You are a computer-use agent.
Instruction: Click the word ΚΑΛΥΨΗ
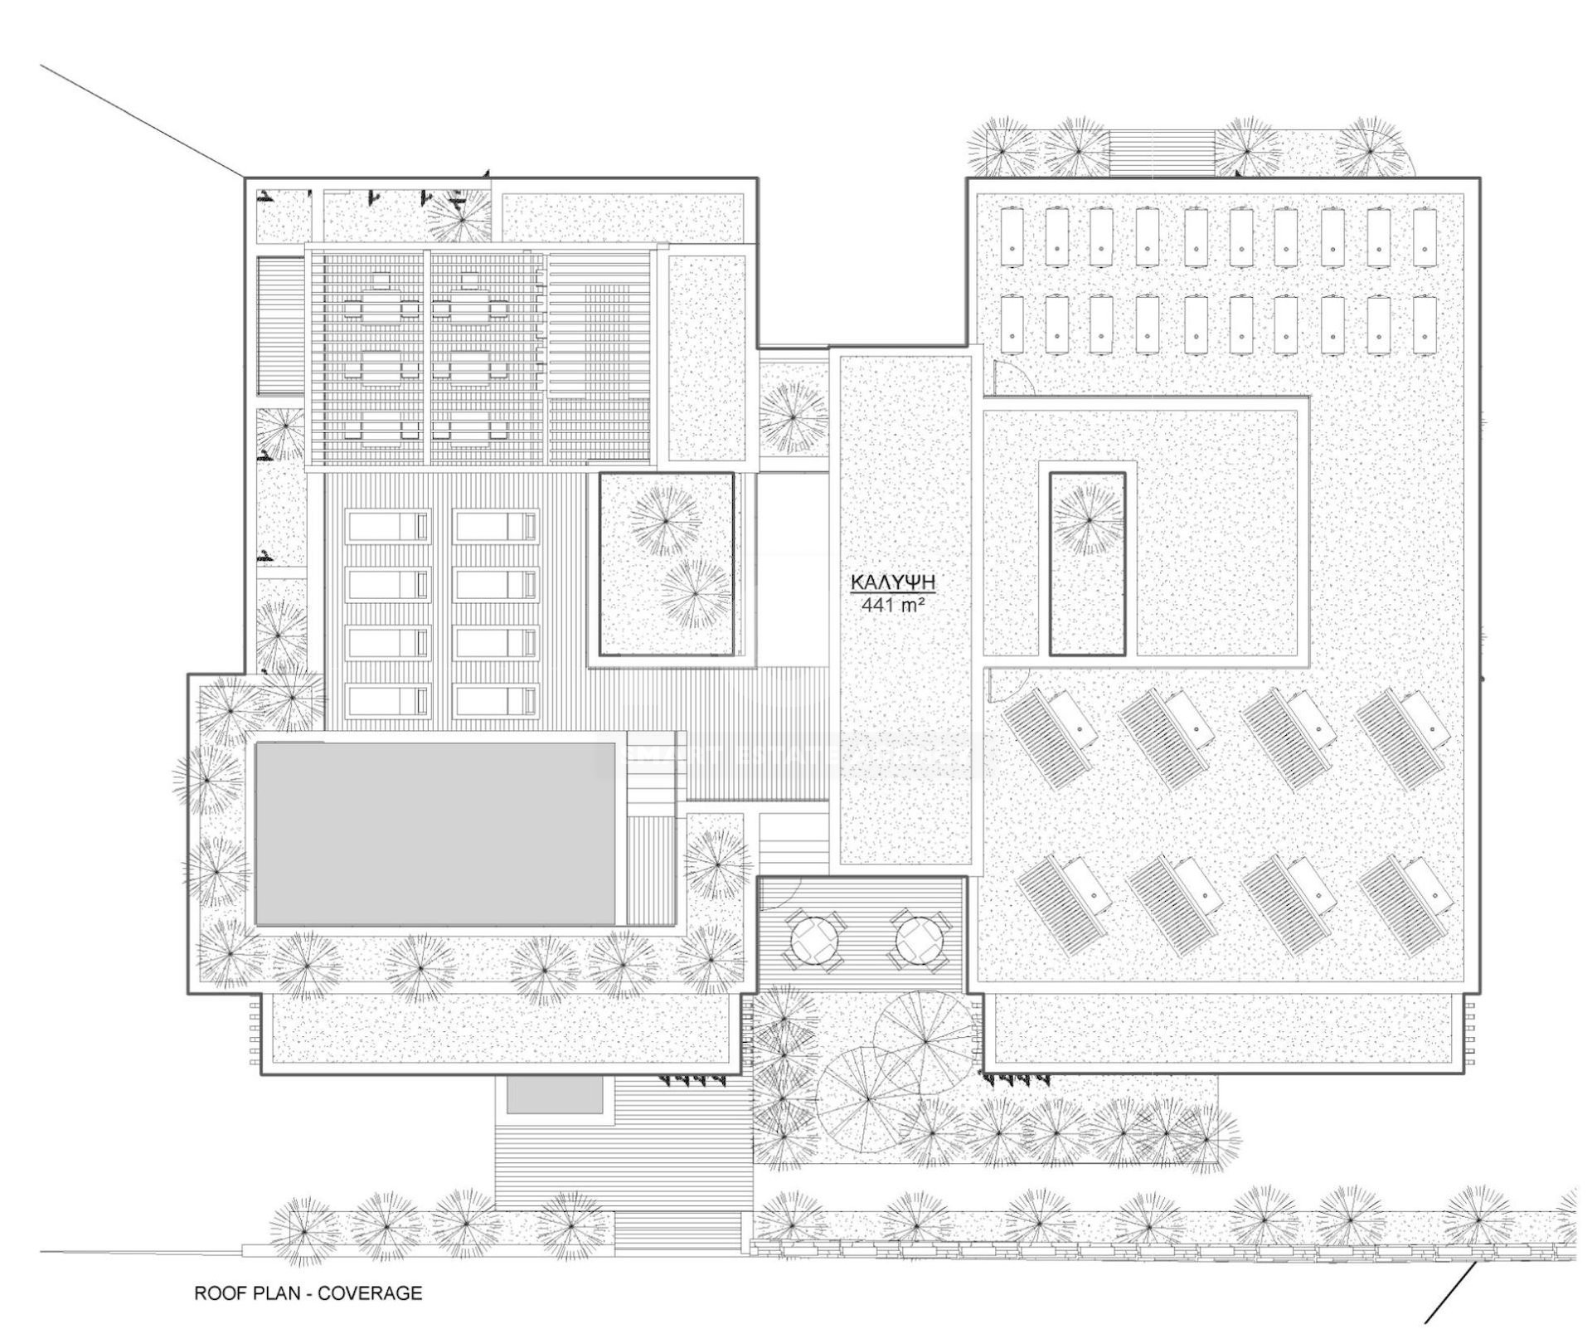click(x=893, y=582)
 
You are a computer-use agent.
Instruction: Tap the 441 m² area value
click(x=893, y=605)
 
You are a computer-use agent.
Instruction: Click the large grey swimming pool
click(x=435, y=833)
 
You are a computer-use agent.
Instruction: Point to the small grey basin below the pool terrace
click(x=555, y=1095)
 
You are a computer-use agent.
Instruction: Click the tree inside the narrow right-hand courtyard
click(x=1087, y=520)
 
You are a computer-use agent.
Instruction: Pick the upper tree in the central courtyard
click(x=665, y=521)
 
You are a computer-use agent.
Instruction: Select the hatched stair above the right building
click(x=1162, y=153)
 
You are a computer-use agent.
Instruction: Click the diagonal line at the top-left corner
click(x=142, y=121)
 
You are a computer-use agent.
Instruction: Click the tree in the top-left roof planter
click(x=458, y=217)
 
